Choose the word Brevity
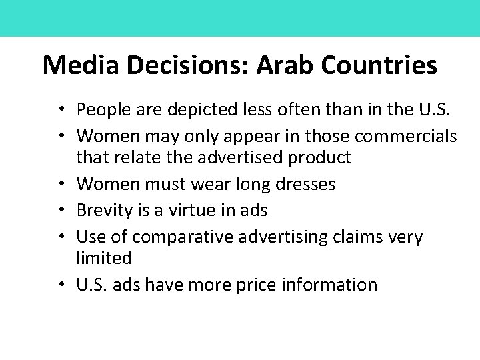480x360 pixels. (x=105, y=211)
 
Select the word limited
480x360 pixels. (x=105, y=257)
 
